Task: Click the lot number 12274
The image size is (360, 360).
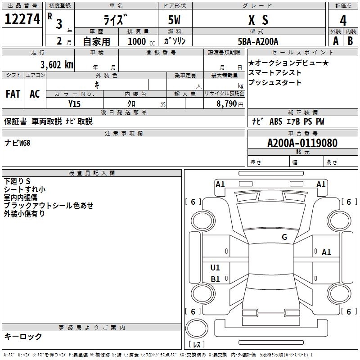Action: (22, 19)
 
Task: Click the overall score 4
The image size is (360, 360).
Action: (343, 21)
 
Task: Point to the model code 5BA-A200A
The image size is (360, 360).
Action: (258, 41)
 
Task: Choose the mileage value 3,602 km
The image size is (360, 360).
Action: (56, 64)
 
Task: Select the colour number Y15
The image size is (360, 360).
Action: (74, 103)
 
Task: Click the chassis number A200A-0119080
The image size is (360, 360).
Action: (302, 143)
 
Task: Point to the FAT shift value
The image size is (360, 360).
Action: (13, 94)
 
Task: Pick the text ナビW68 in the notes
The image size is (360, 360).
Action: (17, 143)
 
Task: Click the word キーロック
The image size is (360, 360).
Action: (23, 336)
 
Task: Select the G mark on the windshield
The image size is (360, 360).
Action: (284, 237)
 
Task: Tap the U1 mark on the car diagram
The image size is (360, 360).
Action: (215, 268)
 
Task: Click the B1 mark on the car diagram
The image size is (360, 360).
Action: (215, 279)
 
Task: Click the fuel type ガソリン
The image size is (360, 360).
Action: (175, 41)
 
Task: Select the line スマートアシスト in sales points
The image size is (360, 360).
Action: (275, 72)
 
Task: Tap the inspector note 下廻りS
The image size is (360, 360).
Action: (17, 181)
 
